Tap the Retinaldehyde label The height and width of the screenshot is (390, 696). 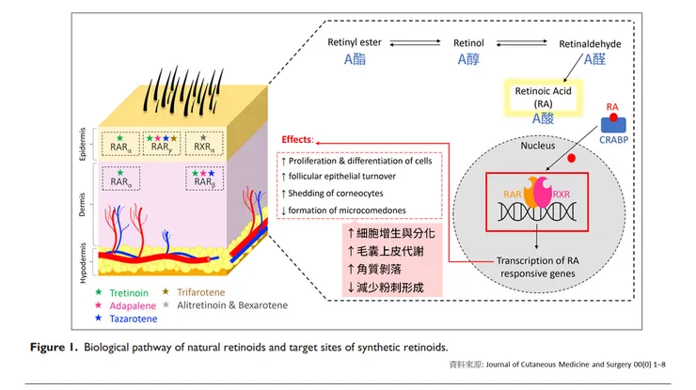point(591,43)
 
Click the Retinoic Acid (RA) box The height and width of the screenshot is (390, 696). point(543,98)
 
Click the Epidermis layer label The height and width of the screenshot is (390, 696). point(82,145)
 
